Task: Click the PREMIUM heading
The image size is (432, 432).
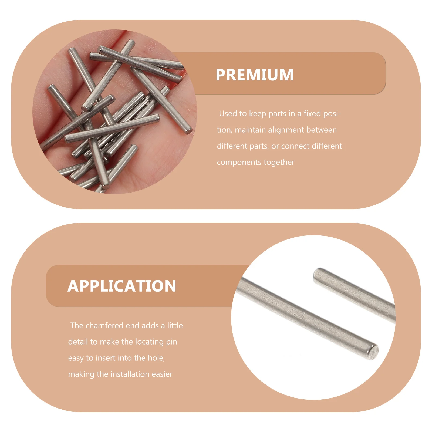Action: point(255,75)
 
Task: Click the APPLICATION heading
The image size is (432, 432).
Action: point(122,286)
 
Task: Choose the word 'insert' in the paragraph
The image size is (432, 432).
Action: point(106,358)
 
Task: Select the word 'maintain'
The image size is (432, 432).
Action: point(250,130)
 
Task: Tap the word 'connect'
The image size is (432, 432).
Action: point(295,146)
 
